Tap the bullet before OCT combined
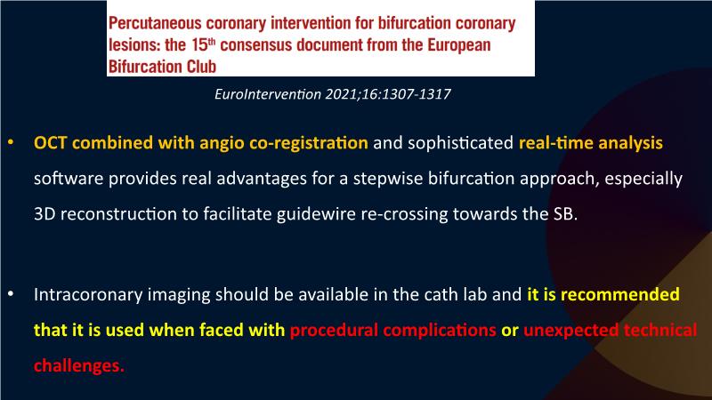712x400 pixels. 11,143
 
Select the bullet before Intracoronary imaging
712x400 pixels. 11,295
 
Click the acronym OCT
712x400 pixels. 51,143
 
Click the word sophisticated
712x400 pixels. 460,143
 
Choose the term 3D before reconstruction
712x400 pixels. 44,214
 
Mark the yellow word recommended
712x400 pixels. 620,295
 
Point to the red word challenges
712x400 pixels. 79,365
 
